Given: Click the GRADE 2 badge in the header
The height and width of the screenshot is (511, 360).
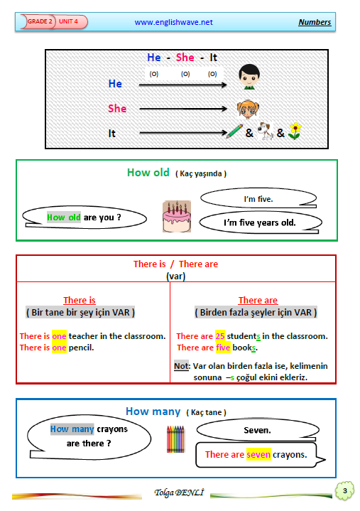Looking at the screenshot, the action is tap(38, 21).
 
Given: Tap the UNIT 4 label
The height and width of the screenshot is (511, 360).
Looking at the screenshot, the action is tap(70, 21).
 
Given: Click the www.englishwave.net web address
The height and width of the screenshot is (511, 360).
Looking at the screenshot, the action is tap(173, 22).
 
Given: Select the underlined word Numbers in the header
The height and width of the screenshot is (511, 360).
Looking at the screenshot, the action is tap(315, 22).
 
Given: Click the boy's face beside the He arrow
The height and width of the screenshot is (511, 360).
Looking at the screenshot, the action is tap(249, 77).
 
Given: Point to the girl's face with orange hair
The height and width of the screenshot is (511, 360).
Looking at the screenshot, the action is tap(248, 109).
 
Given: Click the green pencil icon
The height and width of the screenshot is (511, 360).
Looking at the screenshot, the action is tap(235, 131).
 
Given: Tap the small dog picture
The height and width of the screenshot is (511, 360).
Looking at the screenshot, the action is tap(266, 131).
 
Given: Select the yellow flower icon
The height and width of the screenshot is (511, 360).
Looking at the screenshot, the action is tap(295, 131).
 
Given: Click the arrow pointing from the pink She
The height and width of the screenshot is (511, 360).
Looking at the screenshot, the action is tap(183, 109).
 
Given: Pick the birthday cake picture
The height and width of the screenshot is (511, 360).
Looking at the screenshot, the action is tap(177, 216).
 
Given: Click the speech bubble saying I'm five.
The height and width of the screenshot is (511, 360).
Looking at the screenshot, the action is tap(258, 198).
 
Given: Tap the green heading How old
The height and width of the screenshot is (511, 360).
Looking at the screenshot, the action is tap(148, 173).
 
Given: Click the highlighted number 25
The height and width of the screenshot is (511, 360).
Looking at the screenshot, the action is tap(220, 336).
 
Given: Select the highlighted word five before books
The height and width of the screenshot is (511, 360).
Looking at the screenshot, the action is tap(223, 348).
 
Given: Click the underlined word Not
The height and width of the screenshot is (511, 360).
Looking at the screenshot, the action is tap(181, 366).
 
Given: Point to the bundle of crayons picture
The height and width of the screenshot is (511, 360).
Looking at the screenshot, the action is tap(175, 439).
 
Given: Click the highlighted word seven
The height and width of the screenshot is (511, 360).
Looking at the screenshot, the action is tap(258, 455).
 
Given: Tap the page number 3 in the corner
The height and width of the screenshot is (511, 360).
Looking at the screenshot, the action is tap(344, 490).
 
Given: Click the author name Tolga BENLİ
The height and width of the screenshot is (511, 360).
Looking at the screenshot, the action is tap(179, 493).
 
